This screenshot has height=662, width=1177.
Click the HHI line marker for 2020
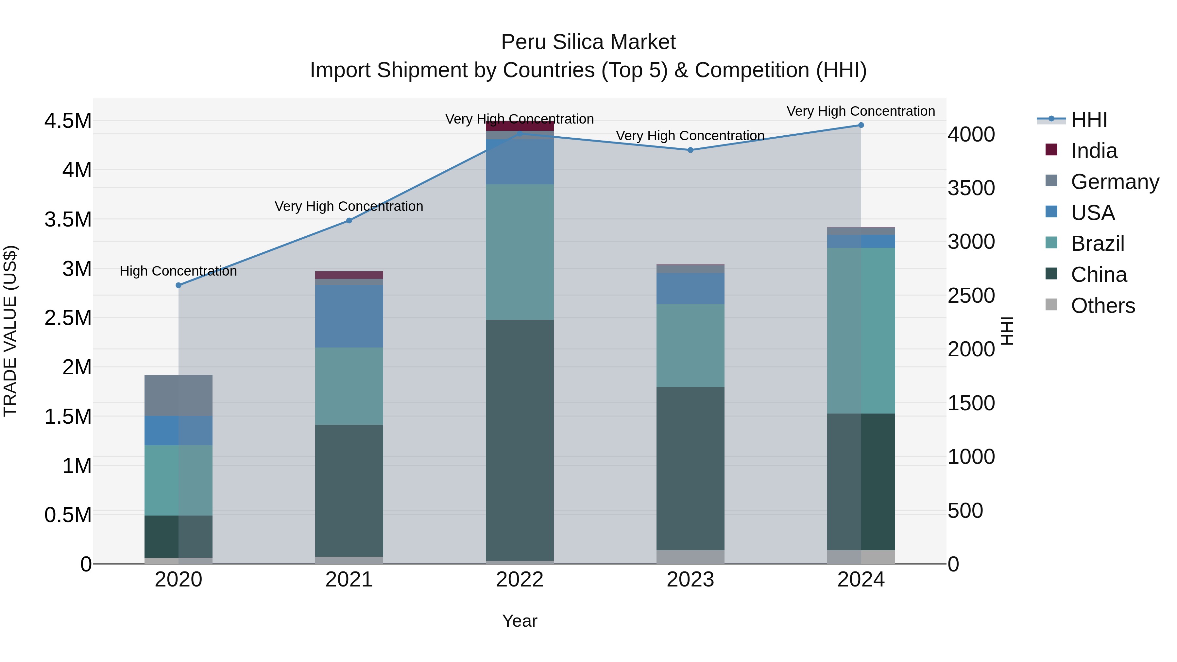click(x=179, y=285)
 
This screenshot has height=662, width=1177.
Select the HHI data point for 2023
click(x=691, y=150)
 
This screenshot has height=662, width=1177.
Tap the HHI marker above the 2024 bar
click(x=861, y=125)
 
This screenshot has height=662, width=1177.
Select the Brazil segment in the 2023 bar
click(x=691, y=346)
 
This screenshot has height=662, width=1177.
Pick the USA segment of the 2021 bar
click(x=349, y=316)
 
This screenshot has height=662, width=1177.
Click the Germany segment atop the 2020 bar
click(x=179, y=395)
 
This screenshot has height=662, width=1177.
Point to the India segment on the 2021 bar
click(x=349, y=275)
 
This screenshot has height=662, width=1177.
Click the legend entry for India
click(x=1094, y=151)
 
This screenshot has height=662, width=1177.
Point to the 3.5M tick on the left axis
click(x=68, y=219)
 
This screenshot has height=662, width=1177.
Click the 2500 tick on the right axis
click(x=971, y=296)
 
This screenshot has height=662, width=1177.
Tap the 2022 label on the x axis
click(x=520, y=580)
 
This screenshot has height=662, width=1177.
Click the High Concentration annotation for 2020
click(x=178, y=271)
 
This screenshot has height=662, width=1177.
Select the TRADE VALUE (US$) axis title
click(x=10, y=331)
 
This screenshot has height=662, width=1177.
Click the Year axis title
click(x=520, y=621)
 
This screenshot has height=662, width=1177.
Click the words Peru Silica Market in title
click(x=588, y=42)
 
